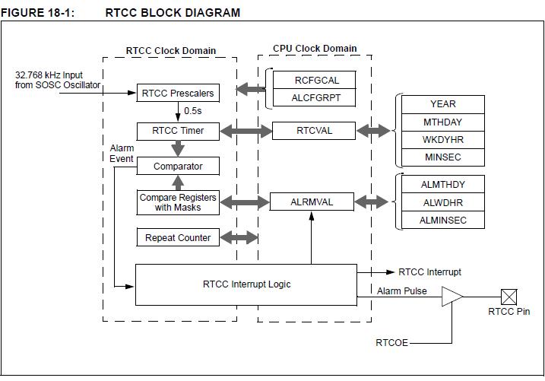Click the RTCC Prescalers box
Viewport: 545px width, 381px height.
pos(178,94)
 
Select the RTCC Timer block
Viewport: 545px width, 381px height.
pos(178,131)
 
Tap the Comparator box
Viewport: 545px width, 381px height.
pos(178,167)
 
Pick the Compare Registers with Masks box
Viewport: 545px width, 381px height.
pos(178,202)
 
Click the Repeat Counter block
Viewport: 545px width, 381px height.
pos(178,237)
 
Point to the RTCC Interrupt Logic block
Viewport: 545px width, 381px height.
pos(246,284)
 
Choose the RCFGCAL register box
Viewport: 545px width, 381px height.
pos(314,80)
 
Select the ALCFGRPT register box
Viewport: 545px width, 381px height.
pos(314,97)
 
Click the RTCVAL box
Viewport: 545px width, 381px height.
pos(314,131)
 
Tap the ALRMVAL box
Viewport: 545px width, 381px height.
pos(312,202)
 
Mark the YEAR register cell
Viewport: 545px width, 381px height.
pos(443,104)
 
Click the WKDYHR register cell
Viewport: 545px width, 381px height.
pos(443,140)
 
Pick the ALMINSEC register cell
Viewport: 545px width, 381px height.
pos(443,220)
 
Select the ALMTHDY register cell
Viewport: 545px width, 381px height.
pos(443,184)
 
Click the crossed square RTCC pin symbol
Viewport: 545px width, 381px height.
pos(509,297)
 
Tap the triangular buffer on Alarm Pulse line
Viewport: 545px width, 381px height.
pos(452,297)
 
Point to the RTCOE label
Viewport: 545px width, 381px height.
pos(391,343)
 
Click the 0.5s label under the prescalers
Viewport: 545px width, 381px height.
pos(193,111)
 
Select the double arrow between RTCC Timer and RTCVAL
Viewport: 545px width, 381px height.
pos(246,131)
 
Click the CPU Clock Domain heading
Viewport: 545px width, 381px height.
pos(315,49)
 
